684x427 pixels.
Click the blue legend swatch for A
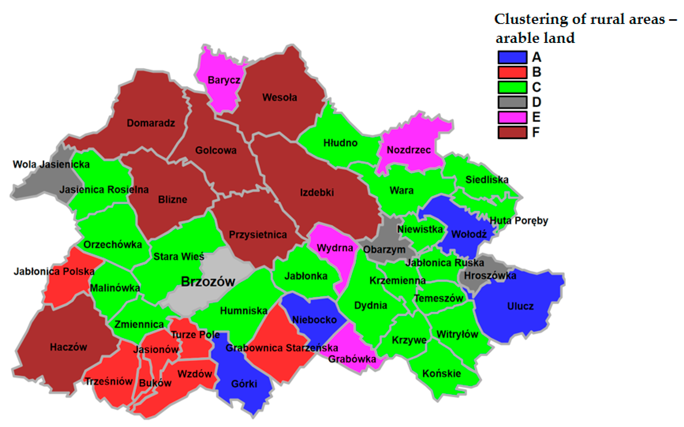[x=512, y=57]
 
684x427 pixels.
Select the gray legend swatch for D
[x=512, y=102]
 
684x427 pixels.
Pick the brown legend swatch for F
[x=512, y=132]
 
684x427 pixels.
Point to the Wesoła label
[x=279, y=97]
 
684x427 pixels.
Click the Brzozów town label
[x=208, y=281]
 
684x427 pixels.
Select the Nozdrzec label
[x=408, y=150]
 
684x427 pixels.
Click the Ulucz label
[x=520, y=306]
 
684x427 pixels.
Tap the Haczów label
[x=68, y=347]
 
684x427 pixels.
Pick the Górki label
[x=244, y=384]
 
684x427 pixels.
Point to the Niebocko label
[x=314, y=320]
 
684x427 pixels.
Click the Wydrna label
[x=335, y=248]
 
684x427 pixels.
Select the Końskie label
[x=442, y=374]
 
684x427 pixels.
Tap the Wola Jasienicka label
[x=51, y=164]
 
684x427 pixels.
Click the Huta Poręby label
[x=519, y=221]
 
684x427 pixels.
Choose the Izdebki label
[x=317, y=193]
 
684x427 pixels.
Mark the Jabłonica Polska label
[x=54, y=271]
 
